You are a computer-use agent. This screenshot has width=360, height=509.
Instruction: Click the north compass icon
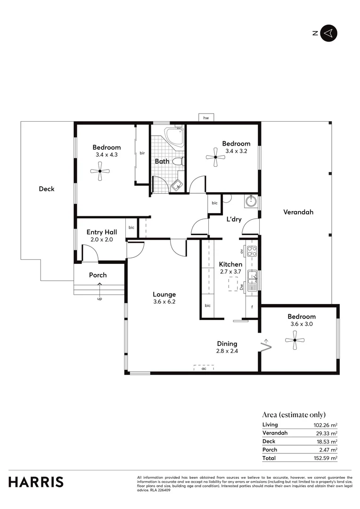pos(329,33)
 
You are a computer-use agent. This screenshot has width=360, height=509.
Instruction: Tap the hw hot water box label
pos(206,118)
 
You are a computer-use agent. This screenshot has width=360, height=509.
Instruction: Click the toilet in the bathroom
pos(177,162)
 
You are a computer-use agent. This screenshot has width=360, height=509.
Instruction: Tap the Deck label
pos(47,189)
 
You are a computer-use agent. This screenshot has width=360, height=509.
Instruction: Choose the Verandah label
pos(298,212)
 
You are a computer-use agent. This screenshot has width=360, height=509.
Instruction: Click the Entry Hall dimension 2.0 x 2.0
pos(101,239)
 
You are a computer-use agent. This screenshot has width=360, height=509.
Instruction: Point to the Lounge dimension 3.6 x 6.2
pos(164,302)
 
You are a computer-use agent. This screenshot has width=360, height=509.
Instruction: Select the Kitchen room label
pos(230,264)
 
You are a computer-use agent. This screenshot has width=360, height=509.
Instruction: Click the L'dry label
pos(234,220)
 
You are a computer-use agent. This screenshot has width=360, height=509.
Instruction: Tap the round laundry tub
pos(250,202)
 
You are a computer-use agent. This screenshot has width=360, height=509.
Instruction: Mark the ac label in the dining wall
pos(204,369)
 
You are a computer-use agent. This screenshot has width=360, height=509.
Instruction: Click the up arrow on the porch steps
pos(99,285)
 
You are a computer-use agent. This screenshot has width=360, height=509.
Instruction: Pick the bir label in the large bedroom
pos(142,153)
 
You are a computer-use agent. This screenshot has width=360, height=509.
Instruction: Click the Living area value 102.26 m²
pos(326,425)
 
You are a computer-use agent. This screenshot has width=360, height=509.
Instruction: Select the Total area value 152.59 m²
pos(326,458)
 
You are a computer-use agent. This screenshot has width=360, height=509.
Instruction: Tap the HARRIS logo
pos(36,482)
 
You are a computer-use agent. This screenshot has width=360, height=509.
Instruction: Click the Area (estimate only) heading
pos(294,415)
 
